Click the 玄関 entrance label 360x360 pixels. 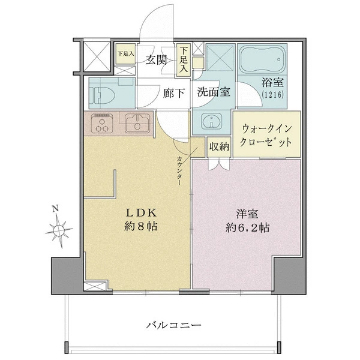click(x=156, y=60)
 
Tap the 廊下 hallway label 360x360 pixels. click(x=174, y=94)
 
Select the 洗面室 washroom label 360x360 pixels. click(x=214, y=92)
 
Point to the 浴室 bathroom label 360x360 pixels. click(x=273, y=82)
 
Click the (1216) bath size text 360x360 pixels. click(x=272, y=94)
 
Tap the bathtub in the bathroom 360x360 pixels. click(x=262, y=59)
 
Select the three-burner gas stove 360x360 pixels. click(x=102, y=124)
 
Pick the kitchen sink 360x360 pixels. click(x=137, y=124)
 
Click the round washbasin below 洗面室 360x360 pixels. click(x=211, y=121)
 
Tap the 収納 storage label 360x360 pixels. click(x=219, y=147)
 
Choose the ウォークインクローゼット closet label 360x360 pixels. click(x=266, y=136)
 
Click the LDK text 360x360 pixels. click(x=141, y=213)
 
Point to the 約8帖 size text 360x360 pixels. click(x=141, y=227)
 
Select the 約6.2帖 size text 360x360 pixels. click(x=247, y=228)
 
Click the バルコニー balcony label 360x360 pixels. click(x=173, y=325)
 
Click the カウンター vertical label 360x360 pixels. click(x=179, y=171)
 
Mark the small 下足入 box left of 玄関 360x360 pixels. click(x=125, y=54)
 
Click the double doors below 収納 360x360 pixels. click(x=219, y=163)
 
